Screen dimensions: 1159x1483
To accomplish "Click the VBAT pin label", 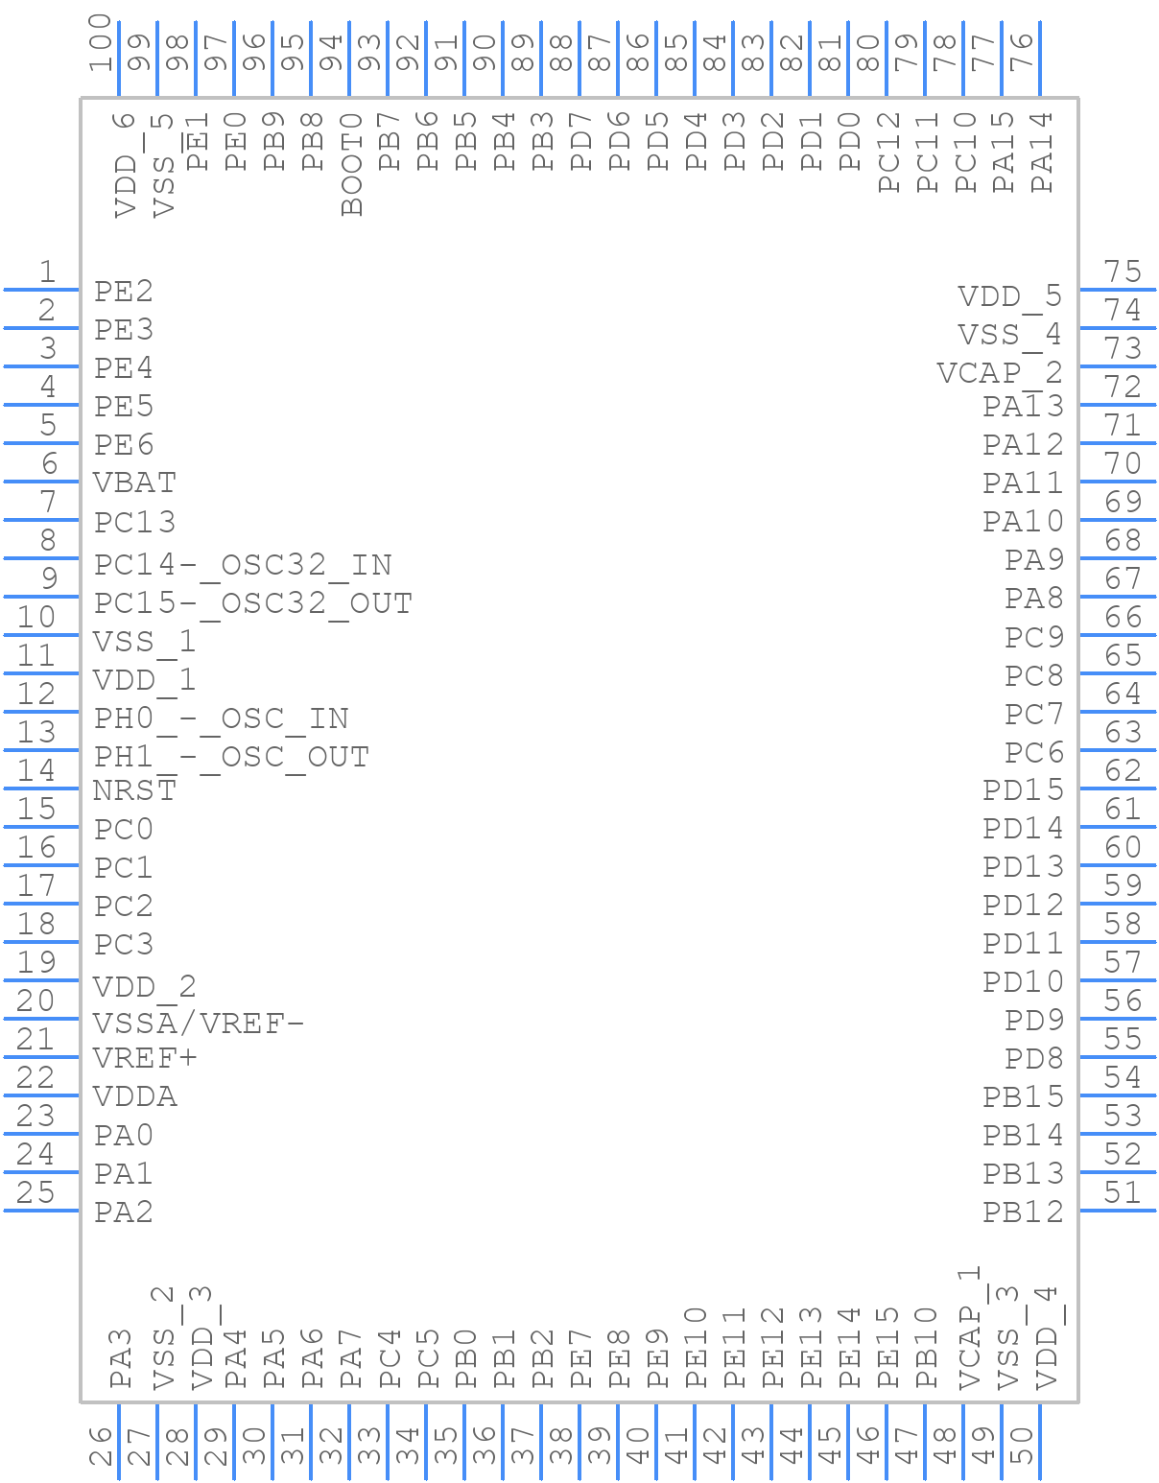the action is [135, 483].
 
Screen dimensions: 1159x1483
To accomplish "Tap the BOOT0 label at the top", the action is [351, 164].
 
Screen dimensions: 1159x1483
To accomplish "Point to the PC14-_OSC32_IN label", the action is [243, 565].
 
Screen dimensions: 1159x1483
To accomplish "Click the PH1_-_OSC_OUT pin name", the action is [231, 757].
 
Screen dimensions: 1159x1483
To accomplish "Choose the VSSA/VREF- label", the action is [199, 1024].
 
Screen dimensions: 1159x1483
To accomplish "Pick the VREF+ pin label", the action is [146, 1058].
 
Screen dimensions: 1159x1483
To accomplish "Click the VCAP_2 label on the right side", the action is [1000, 373].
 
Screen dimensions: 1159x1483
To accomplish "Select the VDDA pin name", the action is [135, 1096].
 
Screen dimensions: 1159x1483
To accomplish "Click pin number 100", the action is [101, 43].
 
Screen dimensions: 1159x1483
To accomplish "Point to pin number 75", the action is [1123, 271].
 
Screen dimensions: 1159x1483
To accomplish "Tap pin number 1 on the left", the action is [47, 271].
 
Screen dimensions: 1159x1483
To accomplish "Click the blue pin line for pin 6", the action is [41, 482].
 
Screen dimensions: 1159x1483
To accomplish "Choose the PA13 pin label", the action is [1023, 407].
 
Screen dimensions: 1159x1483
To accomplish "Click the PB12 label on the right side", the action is [1023, 1212].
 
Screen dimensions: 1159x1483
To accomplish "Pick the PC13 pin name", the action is [135, 522].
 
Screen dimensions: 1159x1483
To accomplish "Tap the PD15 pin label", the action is [1023, 790].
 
